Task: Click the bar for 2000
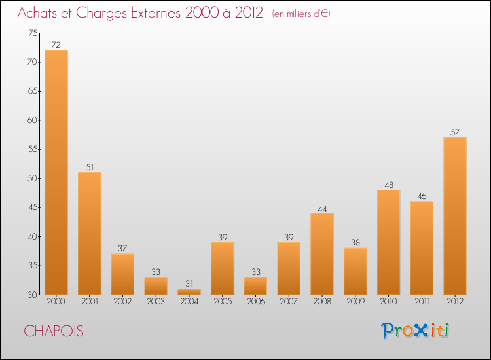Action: pyautogui.click(x=56, y=172)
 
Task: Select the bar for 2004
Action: pyautogui.click(x=189, y=292)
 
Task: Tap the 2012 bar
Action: pyautogui.click(x=455, y=216)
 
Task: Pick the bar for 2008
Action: pyautogui.click(x=322, y=254)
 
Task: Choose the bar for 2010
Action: pyautogui.click(x=389, y=242)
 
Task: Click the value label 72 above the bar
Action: pyautogui.click(x=56, y=45)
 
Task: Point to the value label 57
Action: pyautogui.click(x=455, y=132)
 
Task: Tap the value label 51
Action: pyautogui.click(x=90, y=167)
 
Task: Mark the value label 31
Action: pyautogui.click(x=189, y=283)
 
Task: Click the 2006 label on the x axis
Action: pyautogui.click(x=255, y=301)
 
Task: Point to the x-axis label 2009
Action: pyautogui.click(x=355, y=301)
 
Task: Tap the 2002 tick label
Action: pyautogui.click(x=122, y=301)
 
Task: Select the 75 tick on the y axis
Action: pyautogui.click(x=33, y=33)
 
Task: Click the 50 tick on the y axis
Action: pyautogui.click(x=33, y=179)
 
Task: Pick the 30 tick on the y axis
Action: pyautogui.click(x=33, y=295)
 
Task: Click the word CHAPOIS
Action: pyautogui.click(x=54, y=331)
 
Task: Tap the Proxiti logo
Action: pyautogui.click(x=415, y=331)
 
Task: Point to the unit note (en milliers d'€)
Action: pyautogui.click(x=301, y=14)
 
